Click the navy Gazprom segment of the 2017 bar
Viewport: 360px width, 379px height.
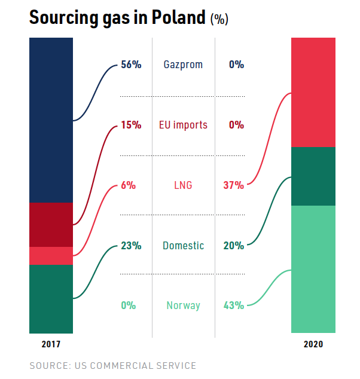tap(51, 120)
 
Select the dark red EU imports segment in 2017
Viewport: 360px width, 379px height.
tap(51, 224)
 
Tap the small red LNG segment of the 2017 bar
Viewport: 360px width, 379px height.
tap(51, 255)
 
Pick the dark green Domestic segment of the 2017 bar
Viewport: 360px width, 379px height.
tap(51, 299)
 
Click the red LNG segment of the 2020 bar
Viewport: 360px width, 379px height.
tap(313, 92)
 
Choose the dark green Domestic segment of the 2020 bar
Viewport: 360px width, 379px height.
tap(313, 176)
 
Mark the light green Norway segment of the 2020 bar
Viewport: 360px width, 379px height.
tap(313, 269)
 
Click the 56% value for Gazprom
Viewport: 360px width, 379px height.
tap(131, 65)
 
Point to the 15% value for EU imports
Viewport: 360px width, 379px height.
tap(131, 125)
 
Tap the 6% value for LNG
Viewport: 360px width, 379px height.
tap(128, 185)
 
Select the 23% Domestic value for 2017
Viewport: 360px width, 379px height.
tap(131, 246)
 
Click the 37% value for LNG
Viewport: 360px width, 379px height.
tap(233, 185)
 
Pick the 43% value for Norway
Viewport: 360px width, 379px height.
tap(233, 305)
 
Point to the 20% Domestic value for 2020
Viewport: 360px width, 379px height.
tap(233, 246)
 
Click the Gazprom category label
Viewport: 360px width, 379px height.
tap(183, 65)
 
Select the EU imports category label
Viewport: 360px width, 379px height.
tap(183, 125)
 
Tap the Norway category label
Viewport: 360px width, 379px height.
tap(183, 305)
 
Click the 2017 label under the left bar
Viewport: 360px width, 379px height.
tap(51, 344)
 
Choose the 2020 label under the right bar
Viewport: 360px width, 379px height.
tap(313, 344)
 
